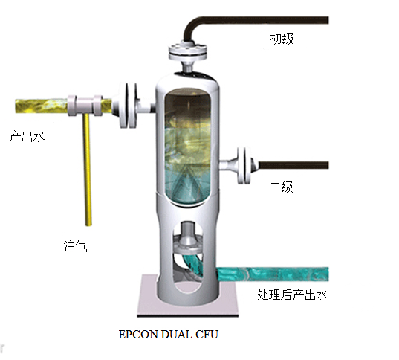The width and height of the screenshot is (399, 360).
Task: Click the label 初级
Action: pyautogui.click(x=282, y=39)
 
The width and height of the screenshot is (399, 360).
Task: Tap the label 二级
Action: pyautogui.click(x=281, y=187)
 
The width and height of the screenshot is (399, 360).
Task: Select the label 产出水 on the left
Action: pyautogui.click(x=27, y=136)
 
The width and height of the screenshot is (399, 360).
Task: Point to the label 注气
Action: pyautogui.click(x=75, y=246)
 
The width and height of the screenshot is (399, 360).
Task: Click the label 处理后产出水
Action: pyautogui.click(x=292, y=295)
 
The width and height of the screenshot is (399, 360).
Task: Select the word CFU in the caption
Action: pyautogui.click(x=207, y=335)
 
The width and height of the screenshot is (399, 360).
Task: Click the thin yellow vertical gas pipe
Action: pyautogui.click(x=87, y=170)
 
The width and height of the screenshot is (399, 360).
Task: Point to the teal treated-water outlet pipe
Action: pyautogui.click(x=272, y=274)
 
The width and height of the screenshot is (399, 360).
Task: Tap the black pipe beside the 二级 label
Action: pyautogui.click(x=293, y=165)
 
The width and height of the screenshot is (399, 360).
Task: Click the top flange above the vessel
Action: pyautogui.click(x=187, y=52)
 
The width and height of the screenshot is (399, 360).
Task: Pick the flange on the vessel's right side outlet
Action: pyautogui.click(x=244, y=165)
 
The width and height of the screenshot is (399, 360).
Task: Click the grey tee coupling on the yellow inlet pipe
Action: pyautogui.click(x=85, y=106)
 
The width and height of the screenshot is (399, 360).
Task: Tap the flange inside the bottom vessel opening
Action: pyautogui.click(x=188, y=245)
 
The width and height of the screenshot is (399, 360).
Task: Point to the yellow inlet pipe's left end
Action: pyautogui.click(x=16, y=106)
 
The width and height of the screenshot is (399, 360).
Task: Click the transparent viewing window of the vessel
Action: pyautogui.click(x=188, y=147)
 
